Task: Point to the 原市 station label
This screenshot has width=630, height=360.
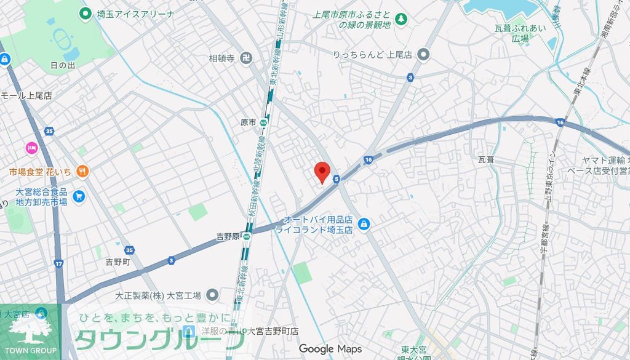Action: (x=248, y=122)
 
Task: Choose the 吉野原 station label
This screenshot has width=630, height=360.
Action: (x=228, y=236)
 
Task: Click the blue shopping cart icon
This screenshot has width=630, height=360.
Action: (x=78, y=196)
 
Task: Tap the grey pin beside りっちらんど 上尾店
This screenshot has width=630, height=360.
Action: (x=423, y=55)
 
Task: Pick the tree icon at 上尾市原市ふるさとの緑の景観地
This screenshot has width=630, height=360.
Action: (x=401, y=20)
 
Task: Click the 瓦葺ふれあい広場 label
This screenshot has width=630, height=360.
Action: (x=520, y=33)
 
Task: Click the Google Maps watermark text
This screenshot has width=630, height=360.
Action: (x=330, y=349)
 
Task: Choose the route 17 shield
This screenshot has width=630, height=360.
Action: (x=58, y=263)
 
